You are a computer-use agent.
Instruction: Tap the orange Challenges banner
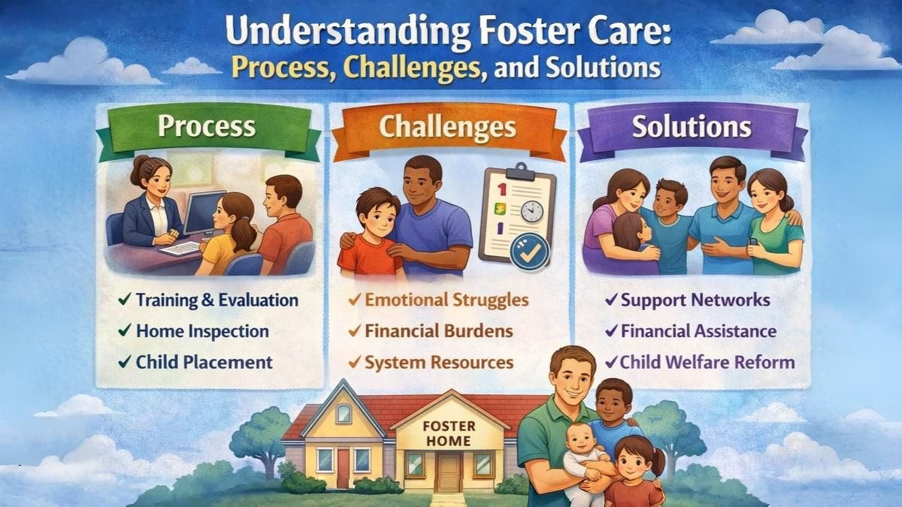click(447, 127)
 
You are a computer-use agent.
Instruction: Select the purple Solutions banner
click(692, 126)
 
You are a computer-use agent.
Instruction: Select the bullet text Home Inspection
click(202, 330)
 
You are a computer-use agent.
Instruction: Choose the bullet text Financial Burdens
click(438, 330)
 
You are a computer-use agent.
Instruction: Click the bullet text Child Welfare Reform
click(707, 361)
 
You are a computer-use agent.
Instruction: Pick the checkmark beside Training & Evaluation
click(125, 300)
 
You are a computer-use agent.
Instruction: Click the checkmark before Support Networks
click(611, 300)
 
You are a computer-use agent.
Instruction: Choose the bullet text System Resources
click(439, 362)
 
